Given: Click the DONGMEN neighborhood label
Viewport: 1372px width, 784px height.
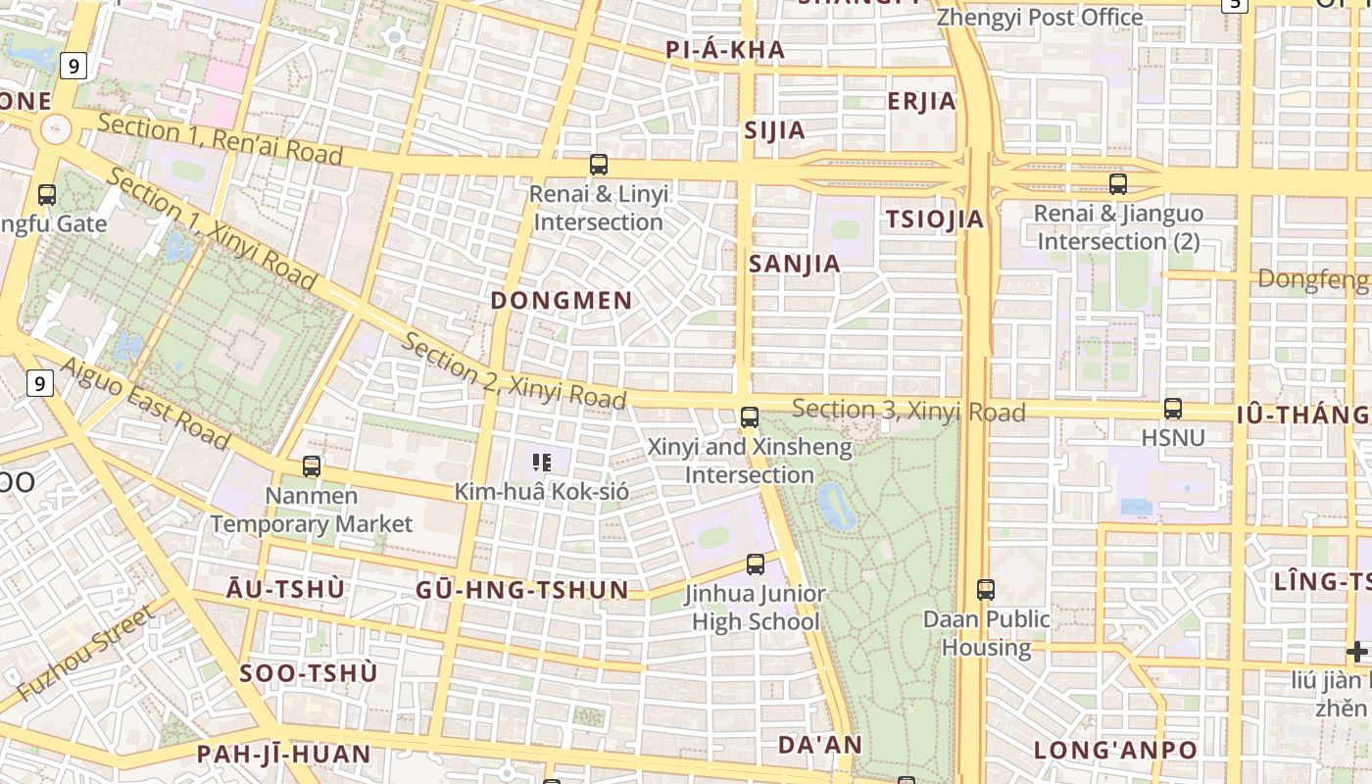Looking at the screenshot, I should coord(562,301).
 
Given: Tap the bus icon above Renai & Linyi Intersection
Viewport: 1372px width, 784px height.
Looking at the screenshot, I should coord(599,165).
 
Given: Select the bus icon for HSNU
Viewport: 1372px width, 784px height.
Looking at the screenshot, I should coord(1172,409).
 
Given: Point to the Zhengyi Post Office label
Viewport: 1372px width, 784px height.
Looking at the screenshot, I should coord(1040,18).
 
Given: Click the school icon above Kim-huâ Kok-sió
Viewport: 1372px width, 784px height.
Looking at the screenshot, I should coord(542,463).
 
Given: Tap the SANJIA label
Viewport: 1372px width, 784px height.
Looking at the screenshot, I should coord(795,264).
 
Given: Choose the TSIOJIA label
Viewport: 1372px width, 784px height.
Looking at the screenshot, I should coord(935,220).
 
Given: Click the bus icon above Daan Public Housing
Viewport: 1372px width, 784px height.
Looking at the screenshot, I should coord(986,590).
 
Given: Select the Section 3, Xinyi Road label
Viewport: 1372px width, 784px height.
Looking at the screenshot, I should coord(908,411).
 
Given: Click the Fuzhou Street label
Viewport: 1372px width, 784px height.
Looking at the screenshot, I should coord(86,654).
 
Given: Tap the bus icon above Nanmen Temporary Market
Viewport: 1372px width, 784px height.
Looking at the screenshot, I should coord(312,466).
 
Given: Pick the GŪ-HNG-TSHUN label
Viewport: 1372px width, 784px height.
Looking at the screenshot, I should coord(521,590).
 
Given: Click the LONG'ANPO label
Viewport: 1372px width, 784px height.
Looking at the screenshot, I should coord(1115,751).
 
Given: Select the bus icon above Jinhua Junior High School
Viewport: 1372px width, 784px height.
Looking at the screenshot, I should coord(756,564).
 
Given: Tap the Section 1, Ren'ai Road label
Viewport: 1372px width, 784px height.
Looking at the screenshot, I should coord(220,139).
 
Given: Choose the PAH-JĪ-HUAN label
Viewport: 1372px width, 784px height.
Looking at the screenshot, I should coord(284,755).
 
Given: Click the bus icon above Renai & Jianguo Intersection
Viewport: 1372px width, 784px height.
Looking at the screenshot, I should coord(1118,184).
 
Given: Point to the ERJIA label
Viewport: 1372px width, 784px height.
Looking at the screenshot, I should coord(921,101).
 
